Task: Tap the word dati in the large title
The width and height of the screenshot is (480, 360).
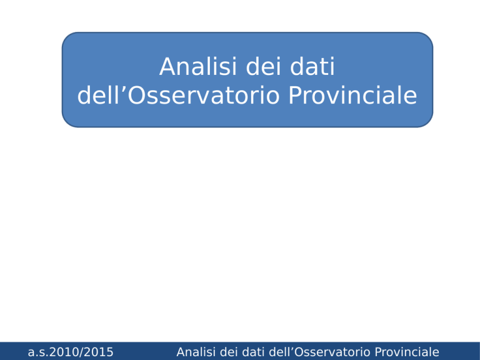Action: coord(312,66)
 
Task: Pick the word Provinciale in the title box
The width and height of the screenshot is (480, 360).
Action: coord(353,95)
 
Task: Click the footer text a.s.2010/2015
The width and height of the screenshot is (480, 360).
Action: coord(71,352)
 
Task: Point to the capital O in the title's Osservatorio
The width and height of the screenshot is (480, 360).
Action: coord(136,96)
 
